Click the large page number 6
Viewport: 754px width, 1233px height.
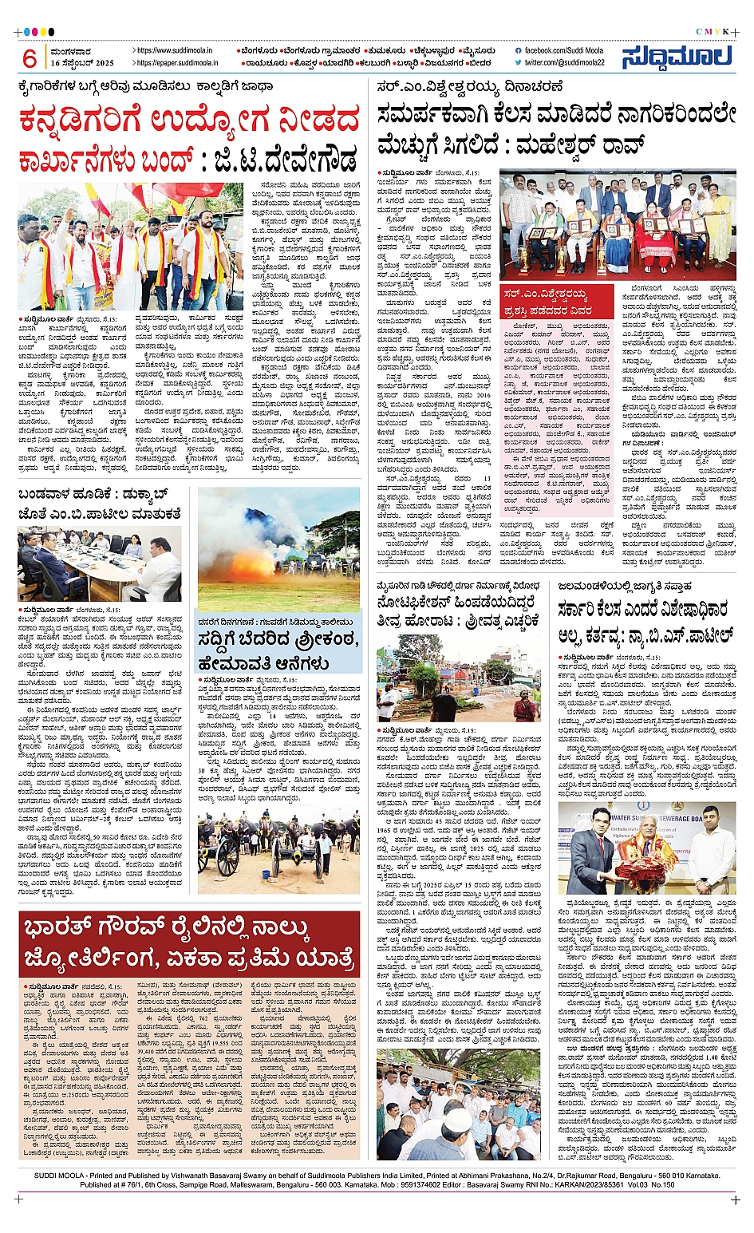click(x=30, y=58)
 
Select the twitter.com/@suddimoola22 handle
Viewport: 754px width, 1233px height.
click(x=564, y=62)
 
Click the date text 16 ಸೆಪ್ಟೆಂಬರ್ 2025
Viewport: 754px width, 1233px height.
click(x=82, y=63)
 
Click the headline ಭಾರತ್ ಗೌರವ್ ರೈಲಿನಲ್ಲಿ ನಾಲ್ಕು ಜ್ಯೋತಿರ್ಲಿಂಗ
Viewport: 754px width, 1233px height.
click(x=188, y=942)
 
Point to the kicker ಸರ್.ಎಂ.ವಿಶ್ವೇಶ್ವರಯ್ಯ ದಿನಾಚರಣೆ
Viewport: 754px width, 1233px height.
click(x=471, y=86)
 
